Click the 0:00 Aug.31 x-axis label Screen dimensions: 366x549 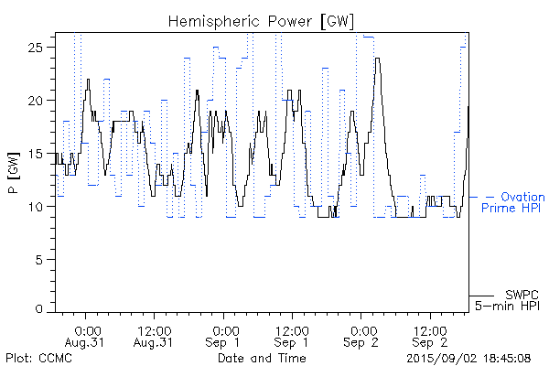tap(87, 336)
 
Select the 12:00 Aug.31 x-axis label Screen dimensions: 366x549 tap(153, 336)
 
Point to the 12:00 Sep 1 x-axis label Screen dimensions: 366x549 tap(291, 336)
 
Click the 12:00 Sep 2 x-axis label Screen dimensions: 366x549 tap(429, 336)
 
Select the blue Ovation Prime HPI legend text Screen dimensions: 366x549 tap(514, 202)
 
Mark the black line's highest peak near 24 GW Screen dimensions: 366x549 tap(376, 59)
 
